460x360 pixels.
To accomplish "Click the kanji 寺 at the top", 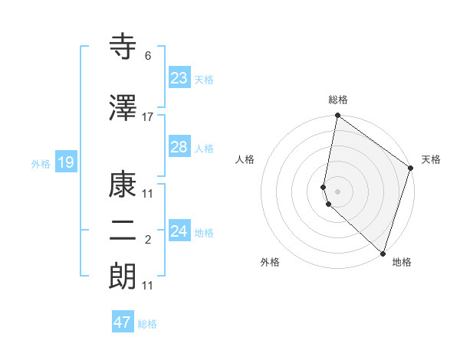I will click(x=123, y=47).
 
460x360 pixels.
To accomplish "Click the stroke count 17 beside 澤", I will click(x=148, y=117).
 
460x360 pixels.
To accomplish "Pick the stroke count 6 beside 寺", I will click(x=148, y=56).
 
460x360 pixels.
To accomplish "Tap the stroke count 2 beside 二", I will click(x=148, y=241).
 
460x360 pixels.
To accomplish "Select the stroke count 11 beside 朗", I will click(x=148, y=286).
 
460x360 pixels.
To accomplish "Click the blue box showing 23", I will click(x=179, y=77).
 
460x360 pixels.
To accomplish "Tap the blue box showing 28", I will click(x=179, y=147).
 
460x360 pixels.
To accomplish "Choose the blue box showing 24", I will click(x=179, y=231).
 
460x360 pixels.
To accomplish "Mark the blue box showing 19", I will click(x=65, y=162).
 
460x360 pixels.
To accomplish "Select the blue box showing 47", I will click(x=123, y=322).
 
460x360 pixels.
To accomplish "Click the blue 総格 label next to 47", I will click(x=147, y=324).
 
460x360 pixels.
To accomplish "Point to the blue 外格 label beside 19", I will click(x=41, y=163).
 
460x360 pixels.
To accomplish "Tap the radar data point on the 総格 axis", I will click(x=337, y=116).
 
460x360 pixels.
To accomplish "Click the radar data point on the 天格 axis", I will click(x=411, y=169).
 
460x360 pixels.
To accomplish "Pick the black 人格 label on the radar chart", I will click(x=245, y=159).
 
